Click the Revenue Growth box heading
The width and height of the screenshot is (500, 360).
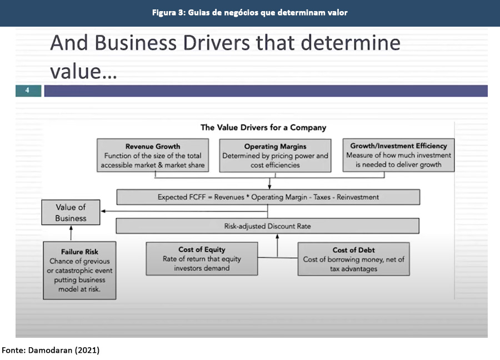(x=153, y=147)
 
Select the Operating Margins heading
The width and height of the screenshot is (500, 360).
(x=275, y=147)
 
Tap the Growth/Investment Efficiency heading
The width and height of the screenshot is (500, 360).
(x=398, y=146)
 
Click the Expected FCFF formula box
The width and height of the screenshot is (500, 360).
(x=268, y=197)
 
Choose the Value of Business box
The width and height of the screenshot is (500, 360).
(x=71, y=213)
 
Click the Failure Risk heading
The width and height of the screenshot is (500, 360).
(x=79, y=252)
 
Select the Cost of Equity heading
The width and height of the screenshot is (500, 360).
(x=202, y=250)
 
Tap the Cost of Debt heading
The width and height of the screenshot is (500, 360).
(x=353, y=251)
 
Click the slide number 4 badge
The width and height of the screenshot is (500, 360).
(x=28, y=91)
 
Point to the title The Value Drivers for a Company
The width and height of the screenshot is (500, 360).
(x=263, y=128)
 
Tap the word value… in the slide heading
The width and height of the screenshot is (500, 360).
(x=83, y=71)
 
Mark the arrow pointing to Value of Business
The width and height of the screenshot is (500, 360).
(x=106, y=211)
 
